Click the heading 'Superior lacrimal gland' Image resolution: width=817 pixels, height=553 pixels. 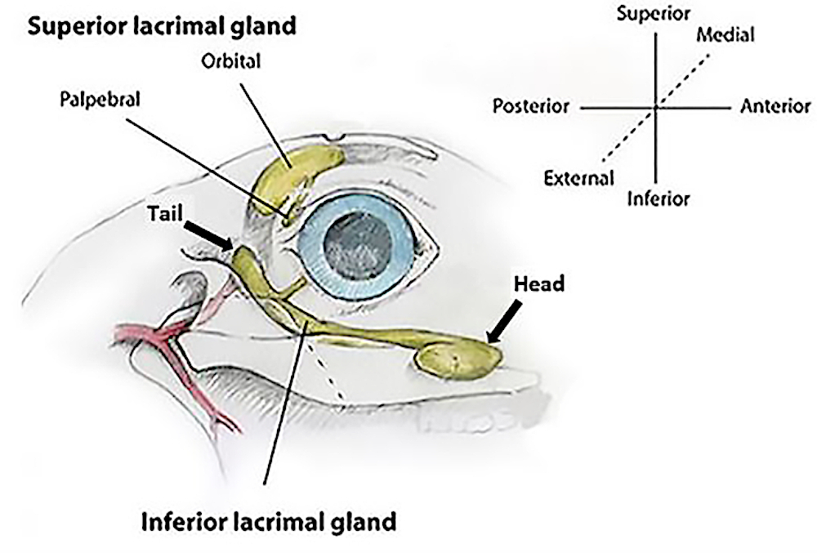[x=162, y=26]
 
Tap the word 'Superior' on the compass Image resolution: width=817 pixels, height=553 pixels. [x=654, y=13]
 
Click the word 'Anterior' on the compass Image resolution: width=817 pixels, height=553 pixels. [x=775, y=107]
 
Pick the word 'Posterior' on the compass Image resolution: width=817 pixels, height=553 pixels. [x=531, y=107]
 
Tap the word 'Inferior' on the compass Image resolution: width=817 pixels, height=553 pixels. [x=659, y=198]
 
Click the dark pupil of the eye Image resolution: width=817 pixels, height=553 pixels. [x=357, y=246]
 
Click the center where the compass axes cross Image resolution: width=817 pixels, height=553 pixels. [x=656, y=107]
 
